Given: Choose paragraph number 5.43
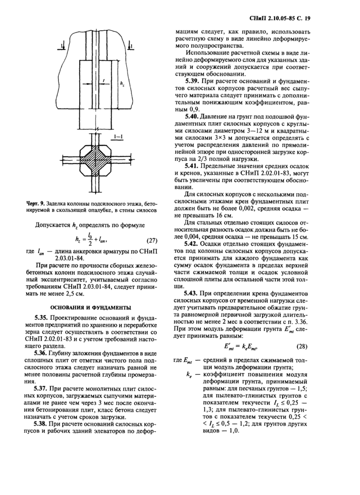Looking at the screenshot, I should (x=194, y=293).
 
